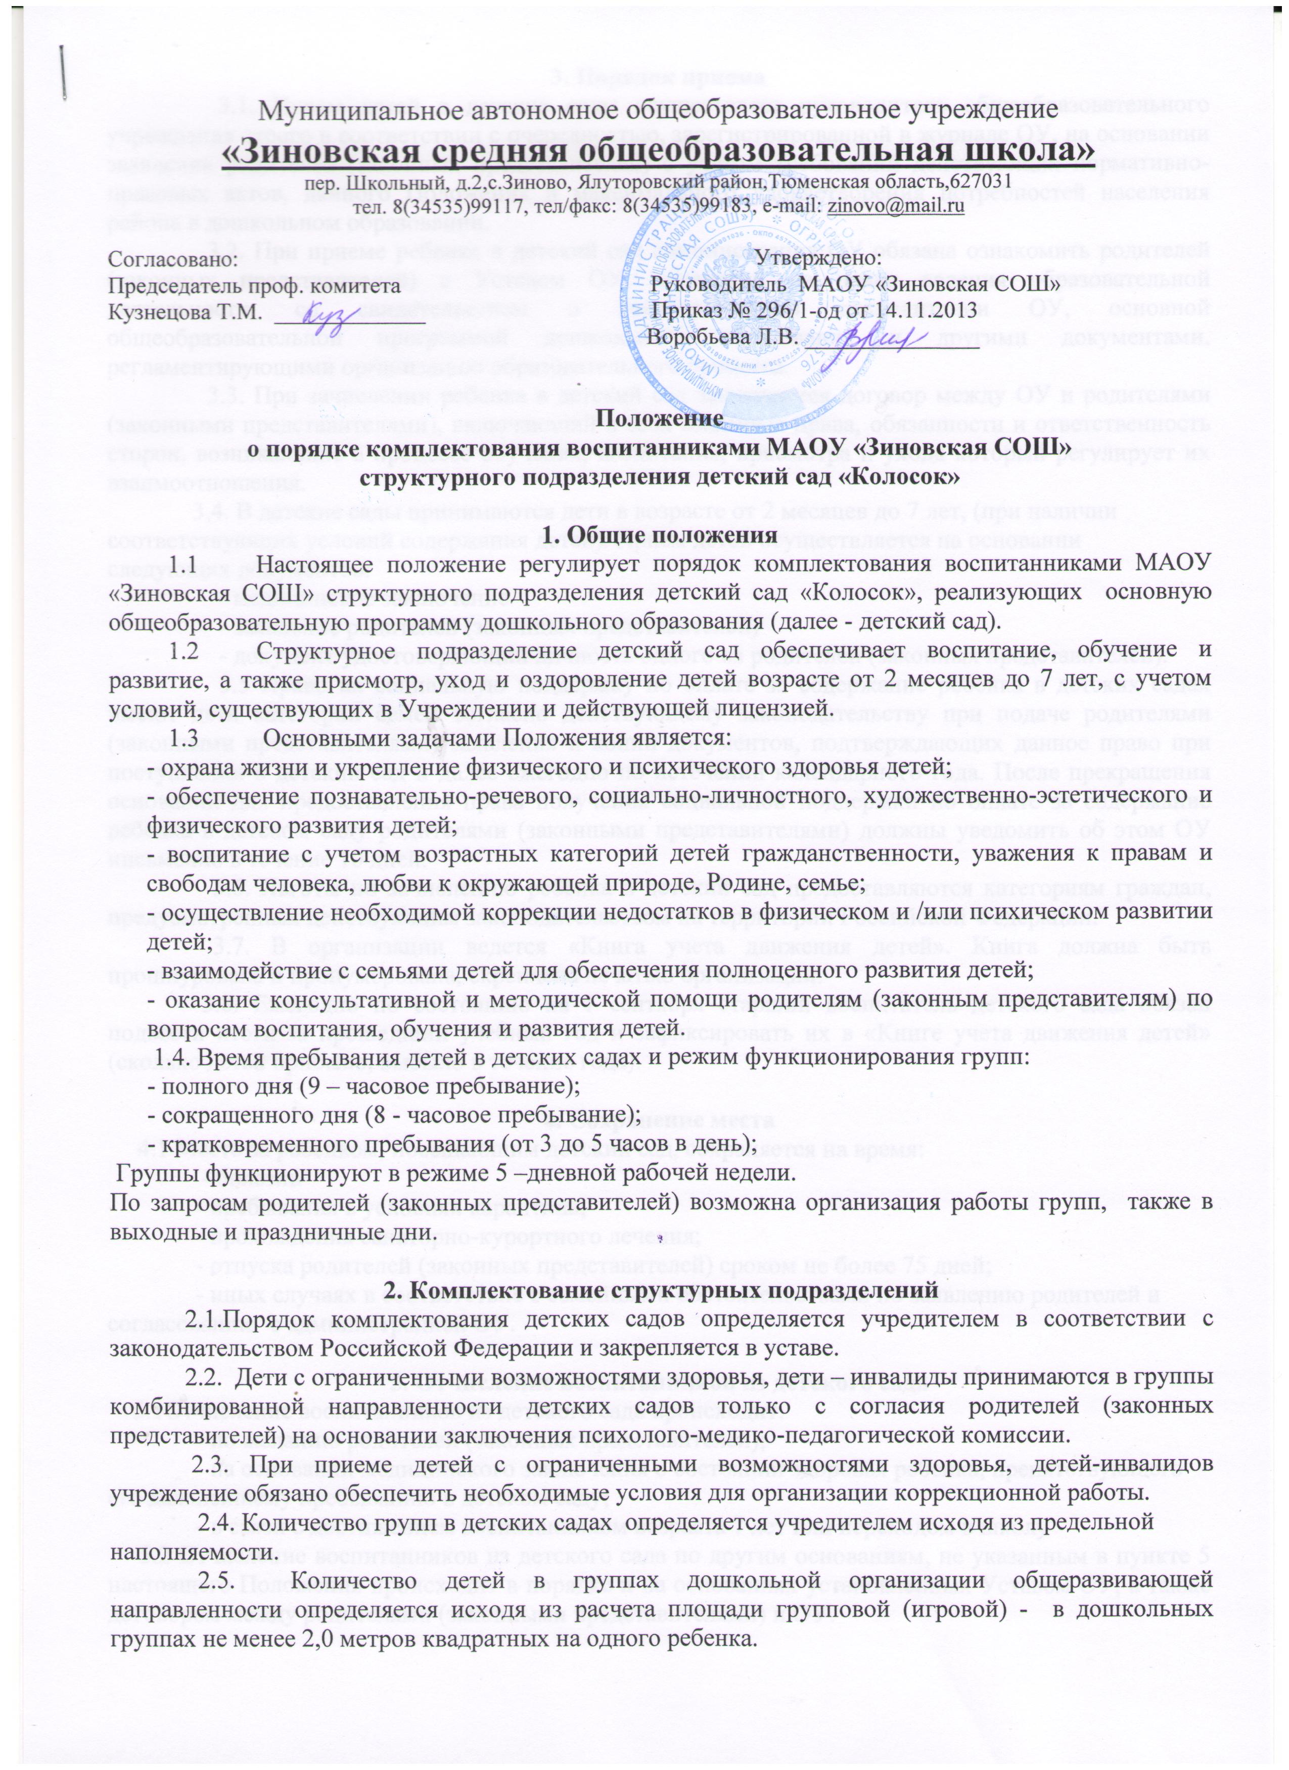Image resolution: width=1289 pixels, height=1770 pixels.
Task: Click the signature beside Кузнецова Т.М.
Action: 320,314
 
